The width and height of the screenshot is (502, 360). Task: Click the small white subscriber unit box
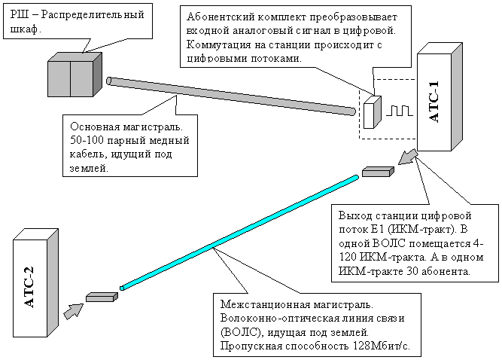(x=373, y=113)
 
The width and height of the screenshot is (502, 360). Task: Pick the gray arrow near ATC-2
(x=71, y=310)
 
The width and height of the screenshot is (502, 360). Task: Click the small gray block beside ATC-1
(x=377, y=172)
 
